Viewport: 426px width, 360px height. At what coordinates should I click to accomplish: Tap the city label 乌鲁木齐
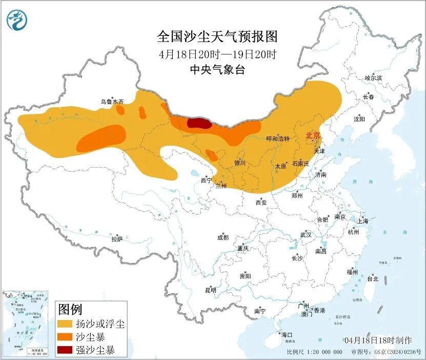[112, 102]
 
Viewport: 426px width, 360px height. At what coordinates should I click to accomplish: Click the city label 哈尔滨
[373, 78]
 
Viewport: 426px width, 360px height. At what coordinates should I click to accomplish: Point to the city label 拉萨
[117, 238]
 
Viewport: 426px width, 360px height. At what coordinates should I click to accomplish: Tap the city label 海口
[286, 335]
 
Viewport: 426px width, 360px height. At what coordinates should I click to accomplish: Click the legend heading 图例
[70, 309]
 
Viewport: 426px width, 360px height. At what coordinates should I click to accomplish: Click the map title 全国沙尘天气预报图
[217, 37]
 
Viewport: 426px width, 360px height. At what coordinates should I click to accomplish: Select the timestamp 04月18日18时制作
[378, 340]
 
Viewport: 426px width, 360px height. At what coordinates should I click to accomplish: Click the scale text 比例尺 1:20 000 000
[315, 352]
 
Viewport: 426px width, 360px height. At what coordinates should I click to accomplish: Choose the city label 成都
[223, 237]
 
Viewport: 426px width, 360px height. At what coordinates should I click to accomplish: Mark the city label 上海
[363, 221]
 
